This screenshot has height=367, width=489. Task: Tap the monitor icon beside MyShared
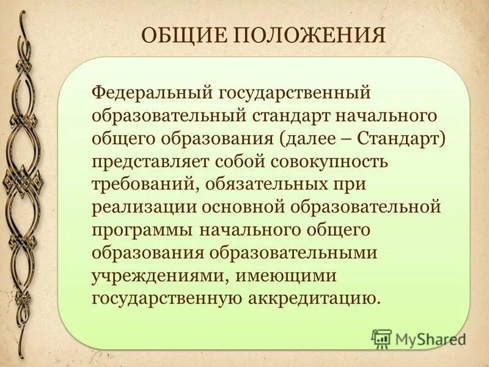381,338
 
